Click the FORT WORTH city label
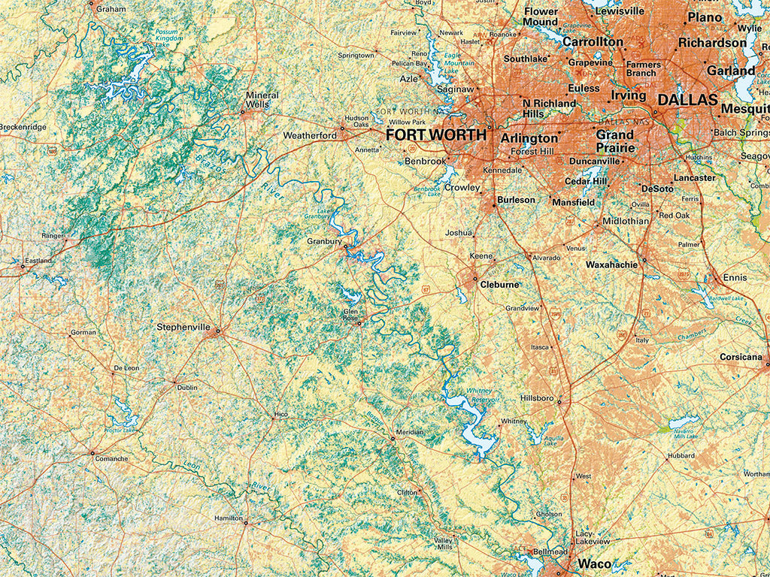[x=435, y=135]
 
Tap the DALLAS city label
[x=688, y=100]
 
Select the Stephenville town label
[x=183, y=327]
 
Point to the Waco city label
[x=594, y=563]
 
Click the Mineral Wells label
[x=262, y=100]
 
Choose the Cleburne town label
[x=500, y=285]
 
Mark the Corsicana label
[x=741, y=357]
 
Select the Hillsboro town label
[x=537, y=397]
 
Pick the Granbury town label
[x=324, y=241]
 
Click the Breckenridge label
[x=23, y=127]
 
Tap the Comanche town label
[x=111, y=458]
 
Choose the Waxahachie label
[x=611, y=264]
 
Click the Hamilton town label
[x=229, y=518]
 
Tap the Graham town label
[x=111, y=9]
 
